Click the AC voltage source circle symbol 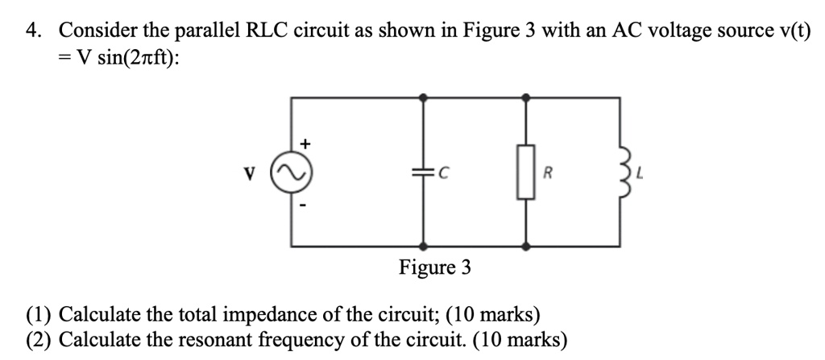[292, 172]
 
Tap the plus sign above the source [305, 143]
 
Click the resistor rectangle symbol [526, 172]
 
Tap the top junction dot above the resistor [526, 97]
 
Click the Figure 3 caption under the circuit [434, 268]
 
